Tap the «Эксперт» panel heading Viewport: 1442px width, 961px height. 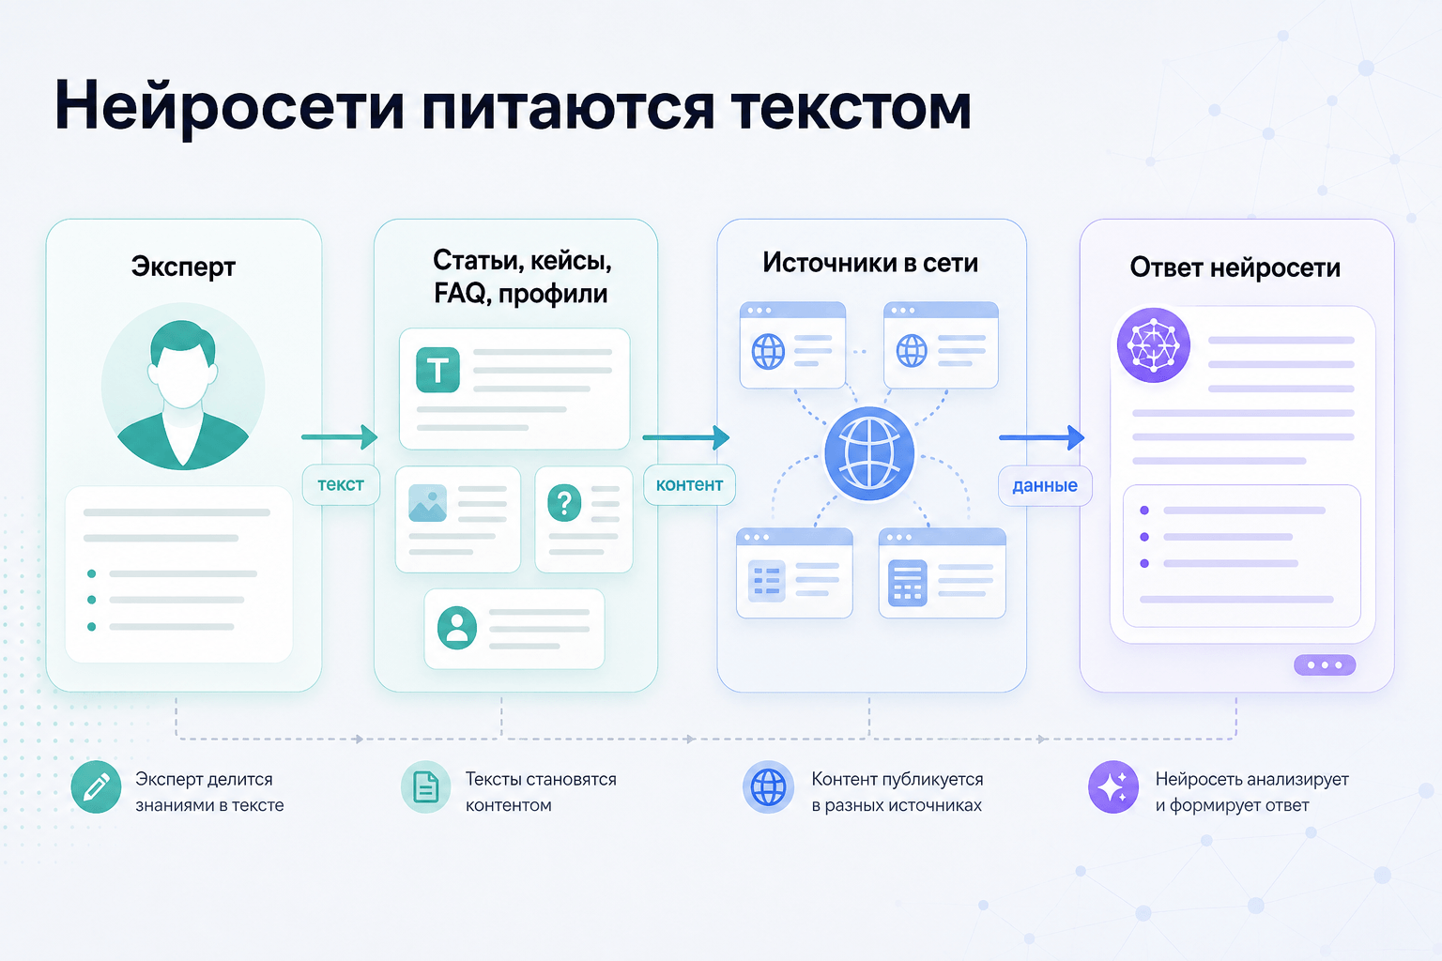point(183,267)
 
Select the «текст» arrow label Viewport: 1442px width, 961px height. point(341,484)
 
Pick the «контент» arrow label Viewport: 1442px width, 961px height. point(689,484)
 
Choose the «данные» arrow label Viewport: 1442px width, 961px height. point(1045,485)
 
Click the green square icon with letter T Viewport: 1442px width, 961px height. point(437,370)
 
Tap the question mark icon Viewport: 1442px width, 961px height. point(564,503)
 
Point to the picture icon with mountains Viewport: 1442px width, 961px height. point(427,503)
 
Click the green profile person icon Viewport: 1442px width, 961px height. point(457,628)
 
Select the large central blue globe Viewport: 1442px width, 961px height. point(869,454)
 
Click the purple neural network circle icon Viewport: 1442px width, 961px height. point(1154,345)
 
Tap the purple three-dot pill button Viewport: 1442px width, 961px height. point(1325,665)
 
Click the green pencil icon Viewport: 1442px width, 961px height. point(96,787)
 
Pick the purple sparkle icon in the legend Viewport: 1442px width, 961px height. point(1113,787)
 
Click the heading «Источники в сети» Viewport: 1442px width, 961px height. point(870,263)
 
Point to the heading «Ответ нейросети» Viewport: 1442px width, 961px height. point(1235,267)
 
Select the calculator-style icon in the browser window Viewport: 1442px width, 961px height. point(908,583)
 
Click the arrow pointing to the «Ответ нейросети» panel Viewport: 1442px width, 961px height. point(1041,437)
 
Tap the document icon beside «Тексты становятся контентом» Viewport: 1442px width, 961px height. point(425,787)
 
